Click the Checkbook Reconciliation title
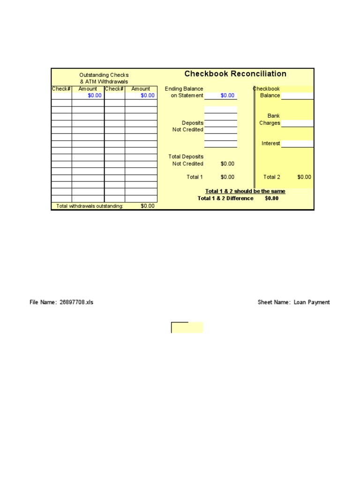pos(235,74)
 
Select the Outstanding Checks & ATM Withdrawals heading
pos(104,78)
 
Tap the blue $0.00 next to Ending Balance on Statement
pos(227,96)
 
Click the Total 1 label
pos(195,177)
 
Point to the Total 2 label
pos(272,177)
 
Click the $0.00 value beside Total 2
pos(304,177)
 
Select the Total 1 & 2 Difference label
pos(225,198)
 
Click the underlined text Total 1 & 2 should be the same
pos(245,191)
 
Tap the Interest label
pos(271,143)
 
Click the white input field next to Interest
pos(297,144)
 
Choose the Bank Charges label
pos(270,120)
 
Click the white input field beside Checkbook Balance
pos(297,96)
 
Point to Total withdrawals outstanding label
pos(90,206)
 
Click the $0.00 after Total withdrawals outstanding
pos(147,206)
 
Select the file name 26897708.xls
pos(76,302)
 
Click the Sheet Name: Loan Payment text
pos(294,302)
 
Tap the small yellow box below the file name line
pos(187,328)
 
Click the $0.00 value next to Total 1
pos(227,177)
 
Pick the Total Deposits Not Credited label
pos(186,160)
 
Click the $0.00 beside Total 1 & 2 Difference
pos(271,198)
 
